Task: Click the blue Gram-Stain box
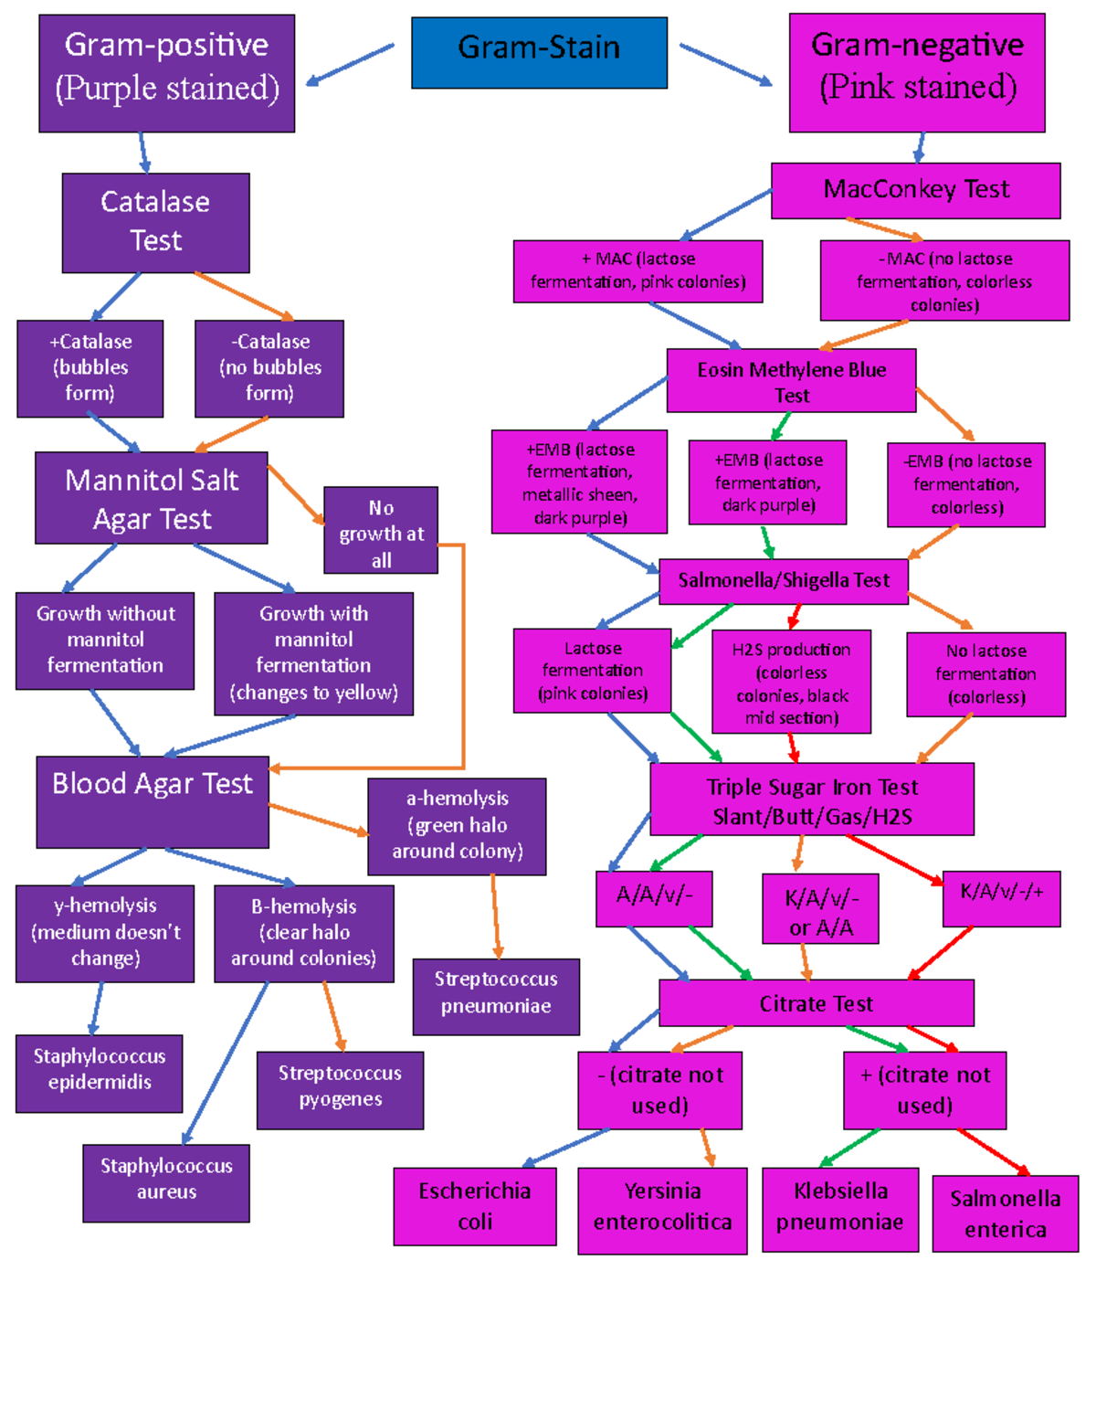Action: tap(539, 52)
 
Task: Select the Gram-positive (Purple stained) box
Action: tap(166, 73)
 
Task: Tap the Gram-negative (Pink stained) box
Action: tap(917, 72)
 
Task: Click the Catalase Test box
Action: tap(155, 222)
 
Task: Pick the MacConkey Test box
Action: tap(915, 190)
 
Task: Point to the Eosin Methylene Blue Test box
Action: tap(791, 380)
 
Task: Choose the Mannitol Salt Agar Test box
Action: tap(152, 498)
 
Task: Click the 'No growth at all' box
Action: tap(381, 530)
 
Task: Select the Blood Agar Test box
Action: tap(153, 801)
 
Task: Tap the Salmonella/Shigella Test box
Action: tap(783, 581)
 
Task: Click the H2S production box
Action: tap(791, 682)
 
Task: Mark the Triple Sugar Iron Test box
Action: tap(811, 800)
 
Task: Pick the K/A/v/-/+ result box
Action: tap(1001, 898)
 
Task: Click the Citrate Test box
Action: tap(816, 1003)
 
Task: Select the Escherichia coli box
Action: tap(475, 1205)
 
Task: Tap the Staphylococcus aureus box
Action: tap(166, 1182)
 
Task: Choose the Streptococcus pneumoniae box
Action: tap(496, 996)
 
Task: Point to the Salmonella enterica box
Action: tap(1005, 1213)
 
